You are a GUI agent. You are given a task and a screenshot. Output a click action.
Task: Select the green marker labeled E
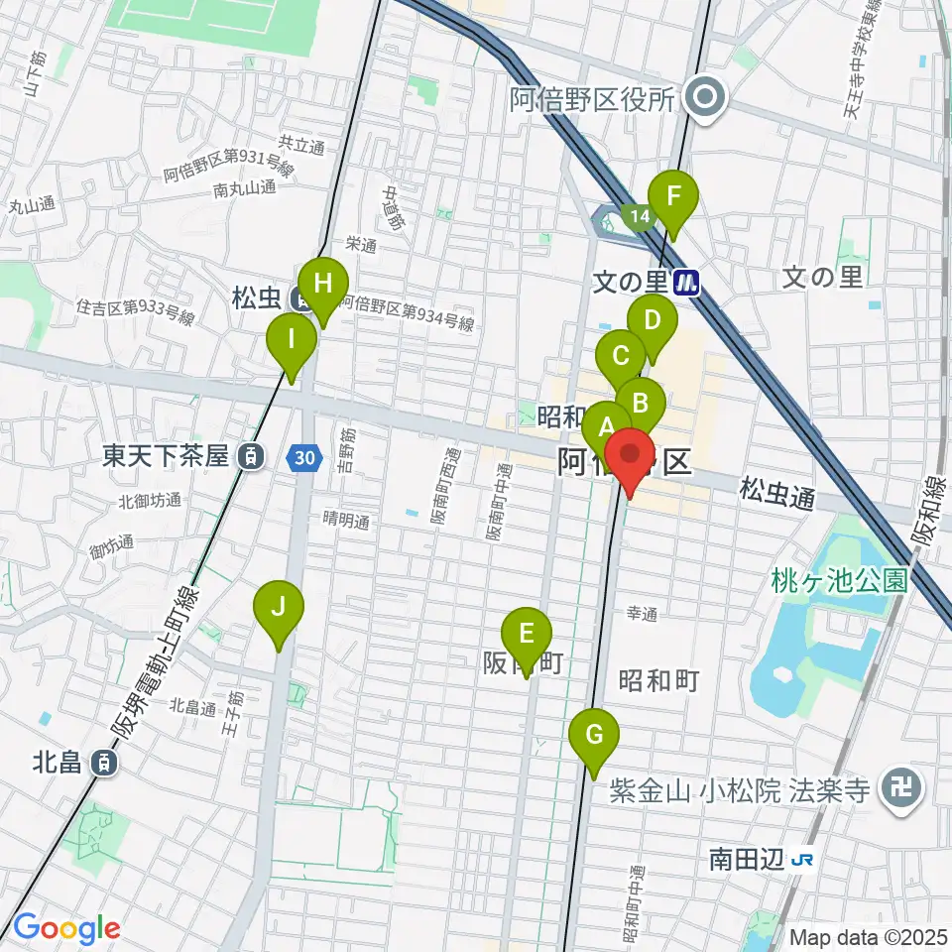(527, 635)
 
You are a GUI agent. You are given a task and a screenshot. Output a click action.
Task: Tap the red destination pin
(631, 456)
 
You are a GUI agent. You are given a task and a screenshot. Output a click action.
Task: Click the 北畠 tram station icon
(102, 762)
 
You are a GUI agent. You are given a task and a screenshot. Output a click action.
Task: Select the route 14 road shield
(636, 214)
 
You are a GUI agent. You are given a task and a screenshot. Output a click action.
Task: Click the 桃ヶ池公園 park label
(839, 580)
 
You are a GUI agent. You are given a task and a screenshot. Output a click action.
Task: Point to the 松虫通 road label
(776, 493)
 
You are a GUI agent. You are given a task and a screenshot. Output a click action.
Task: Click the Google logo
(67, 929)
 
